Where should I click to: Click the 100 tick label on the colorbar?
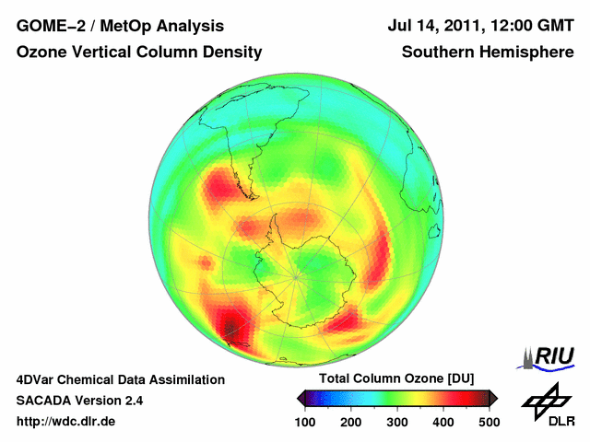pyautogui.click(x=304, y=422)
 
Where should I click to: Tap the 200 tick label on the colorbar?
pyautogui.click(x=350, y=422)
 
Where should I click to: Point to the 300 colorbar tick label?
pyautogui.click(x=396, y=422)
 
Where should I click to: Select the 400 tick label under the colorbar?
pyautogui.click(x=442, y=422)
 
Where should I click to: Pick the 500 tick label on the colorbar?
pyautogui.click(x=489, y=422)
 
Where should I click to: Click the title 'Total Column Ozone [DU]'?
pyautogui.click(x=396, y=379)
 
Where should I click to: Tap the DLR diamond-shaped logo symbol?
pyautogui.click(x=547, y=399)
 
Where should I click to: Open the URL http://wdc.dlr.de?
pyautogui.click(x=66, y=422)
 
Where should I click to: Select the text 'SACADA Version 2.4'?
pyautogui.click(x=79, y=401)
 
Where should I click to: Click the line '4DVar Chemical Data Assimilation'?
pyautogui.click(x=120, y=379)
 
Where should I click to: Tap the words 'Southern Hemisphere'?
pyautogui.click(x=488, y=52)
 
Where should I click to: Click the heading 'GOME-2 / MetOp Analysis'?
pyautogui.click(x=120, y=26)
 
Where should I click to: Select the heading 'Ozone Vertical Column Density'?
pyautogui.click(x=138, y=52)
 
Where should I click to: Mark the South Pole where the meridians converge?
pyautogui.click(x=295, y=274)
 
